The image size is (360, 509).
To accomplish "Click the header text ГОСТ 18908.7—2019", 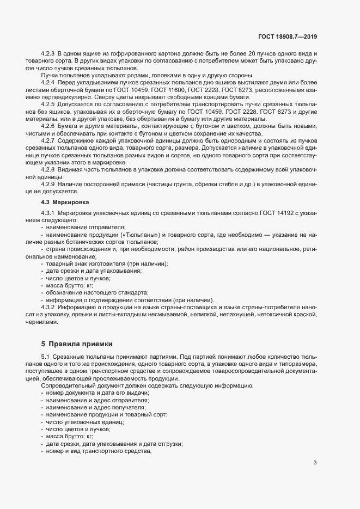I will [x=287, y=36].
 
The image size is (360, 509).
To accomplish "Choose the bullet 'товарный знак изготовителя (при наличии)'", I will [x=107, y=263].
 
